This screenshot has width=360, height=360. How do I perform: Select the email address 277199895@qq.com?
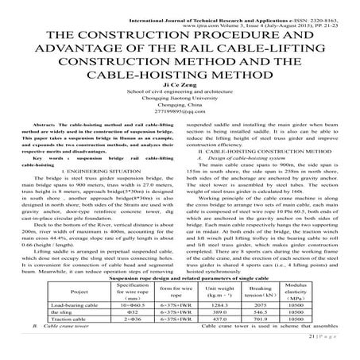(180, 116)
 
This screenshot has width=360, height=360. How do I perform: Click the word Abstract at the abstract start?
(52, 126)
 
